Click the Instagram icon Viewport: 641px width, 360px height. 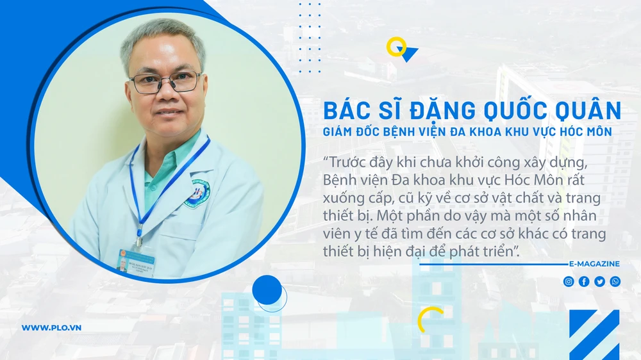569,281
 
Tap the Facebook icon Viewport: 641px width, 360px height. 584,281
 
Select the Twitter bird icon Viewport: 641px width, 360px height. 599,281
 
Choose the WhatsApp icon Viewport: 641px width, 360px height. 615,281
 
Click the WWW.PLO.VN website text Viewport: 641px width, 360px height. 51,328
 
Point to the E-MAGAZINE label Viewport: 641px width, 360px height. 594,264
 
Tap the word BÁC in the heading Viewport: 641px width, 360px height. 345,111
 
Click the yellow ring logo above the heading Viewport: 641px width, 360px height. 396,47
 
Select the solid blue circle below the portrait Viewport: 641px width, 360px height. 267,290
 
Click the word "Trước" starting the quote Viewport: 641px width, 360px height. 347,160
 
